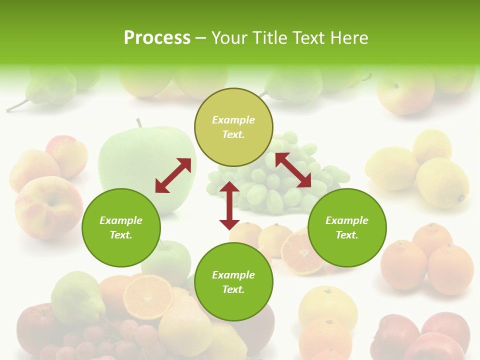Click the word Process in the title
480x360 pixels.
pyautogui.click(x=157, y=38)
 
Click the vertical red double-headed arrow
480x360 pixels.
pyautogui.click(x=229, y=205)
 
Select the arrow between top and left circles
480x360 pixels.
pyautogui.click(x=173, y=175)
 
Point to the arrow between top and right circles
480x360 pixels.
pyautogui.click(x=293, y=170)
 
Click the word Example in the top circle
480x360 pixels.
pyautogui.click(x=233, y=120)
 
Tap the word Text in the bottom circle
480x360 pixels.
pyautogui.click(x=233, y=289)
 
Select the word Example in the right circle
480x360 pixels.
pyautogui.click(x=347, y=220)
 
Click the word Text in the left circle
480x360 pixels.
pyautogui.click(x=121, y=235)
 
